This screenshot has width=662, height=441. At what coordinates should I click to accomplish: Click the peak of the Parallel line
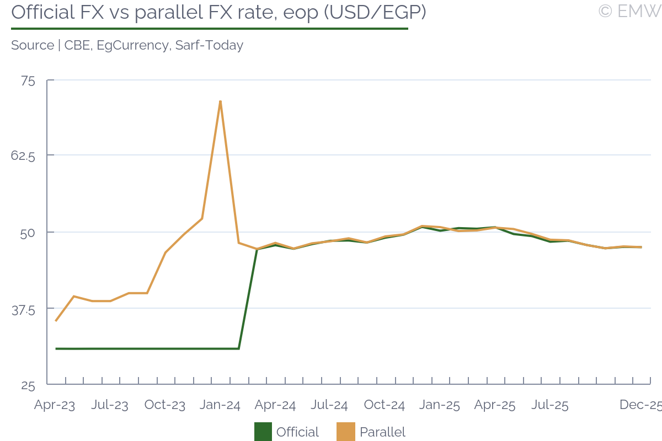click(220, 101)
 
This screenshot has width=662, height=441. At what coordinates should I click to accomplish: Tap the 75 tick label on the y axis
click(28, 81)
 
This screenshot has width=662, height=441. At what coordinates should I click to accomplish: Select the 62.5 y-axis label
click(23, 157)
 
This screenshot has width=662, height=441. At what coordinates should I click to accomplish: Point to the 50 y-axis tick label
click(27, 233)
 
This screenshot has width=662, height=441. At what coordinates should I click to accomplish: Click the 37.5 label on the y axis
click(23, 310)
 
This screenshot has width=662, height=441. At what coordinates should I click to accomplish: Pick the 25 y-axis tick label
click(28, 385)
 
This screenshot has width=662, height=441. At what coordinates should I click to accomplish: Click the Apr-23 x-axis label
click(55, 406)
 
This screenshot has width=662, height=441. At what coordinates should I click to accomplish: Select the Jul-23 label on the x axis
click(110, 406)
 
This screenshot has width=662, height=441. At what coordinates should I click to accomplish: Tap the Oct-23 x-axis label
click(165, 406)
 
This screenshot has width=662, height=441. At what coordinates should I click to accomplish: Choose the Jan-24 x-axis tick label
click(220, 406)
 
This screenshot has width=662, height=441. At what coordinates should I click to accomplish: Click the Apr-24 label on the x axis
click(275, 406)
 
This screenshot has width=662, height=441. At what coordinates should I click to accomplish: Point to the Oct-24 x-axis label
click(385, 406)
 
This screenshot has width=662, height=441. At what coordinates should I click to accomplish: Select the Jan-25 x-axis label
click(440, 406)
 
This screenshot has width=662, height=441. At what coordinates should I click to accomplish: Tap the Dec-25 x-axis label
click(640, 405)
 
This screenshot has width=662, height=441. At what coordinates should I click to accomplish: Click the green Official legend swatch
click(264, 432)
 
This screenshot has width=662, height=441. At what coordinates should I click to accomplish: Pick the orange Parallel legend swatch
click(345, 432)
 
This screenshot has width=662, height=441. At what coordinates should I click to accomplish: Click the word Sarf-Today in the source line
click(209, 45)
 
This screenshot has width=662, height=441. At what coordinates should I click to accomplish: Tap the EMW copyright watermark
click(629, 11)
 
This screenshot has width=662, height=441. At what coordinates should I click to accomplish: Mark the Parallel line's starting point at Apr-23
click(56, 321)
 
